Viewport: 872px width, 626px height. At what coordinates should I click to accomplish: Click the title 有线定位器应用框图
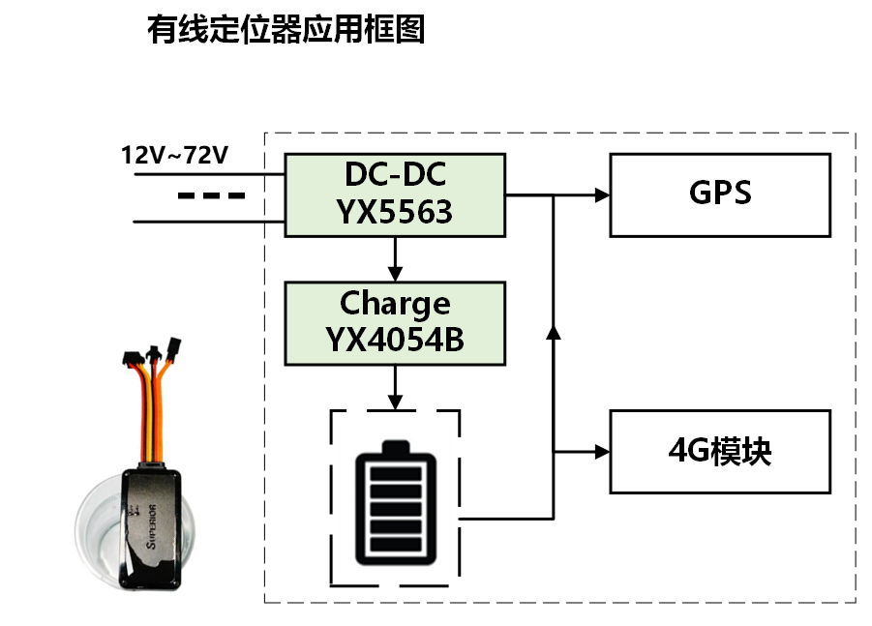(286, 30)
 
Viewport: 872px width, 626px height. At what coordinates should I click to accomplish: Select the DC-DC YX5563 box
(395, 194)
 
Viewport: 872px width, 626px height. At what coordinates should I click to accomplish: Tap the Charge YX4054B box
(395, 322)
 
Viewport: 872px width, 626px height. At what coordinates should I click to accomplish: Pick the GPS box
(720, 194)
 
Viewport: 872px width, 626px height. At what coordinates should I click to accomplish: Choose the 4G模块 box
(720, 451)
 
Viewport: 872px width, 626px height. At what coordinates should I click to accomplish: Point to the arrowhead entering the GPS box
(602, 194)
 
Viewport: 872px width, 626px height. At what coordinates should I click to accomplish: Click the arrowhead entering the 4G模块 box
(602, 451)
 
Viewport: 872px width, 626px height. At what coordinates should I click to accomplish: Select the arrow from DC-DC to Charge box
(395, 259)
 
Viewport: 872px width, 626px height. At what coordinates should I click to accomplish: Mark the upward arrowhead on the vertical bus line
(553, 332)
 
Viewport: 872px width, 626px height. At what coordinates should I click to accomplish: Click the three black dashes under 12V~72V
(211, 196)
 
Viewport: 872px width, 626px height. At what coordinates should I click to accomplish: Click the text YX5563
(395, 212)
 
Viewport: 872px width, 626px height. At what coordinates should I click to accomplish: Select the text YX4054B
(395, 341)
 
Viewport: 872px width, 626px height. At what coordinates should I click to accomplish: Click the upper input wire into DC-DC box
(208, 175)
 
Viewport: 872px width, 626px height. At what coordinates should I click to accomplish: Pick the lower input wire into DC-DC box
(208, 222)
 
